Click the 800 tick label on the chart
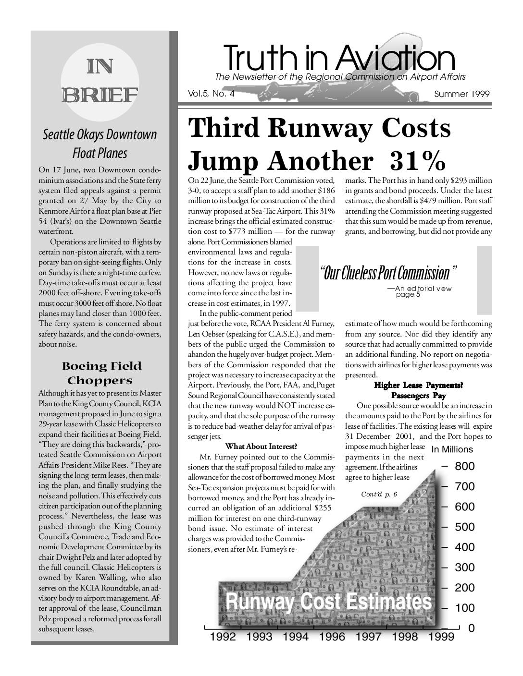click(x=464, y=466)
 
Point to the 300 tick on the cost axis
click(x=464, y=567)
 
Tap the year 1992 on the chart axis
click(x=223, y=637)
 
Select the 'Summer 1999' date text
click(x=461, y=94)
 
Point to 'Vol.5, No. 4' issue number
click(x=211, y=94)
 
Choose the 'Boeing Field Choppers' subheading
click(x=100, y=374)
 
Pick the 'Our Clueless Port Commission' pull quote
click(x=387, y=273)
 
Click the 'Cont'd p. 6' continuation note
click(x=379, y=495)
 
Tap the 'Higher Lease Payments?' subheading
click(x=418, y=386)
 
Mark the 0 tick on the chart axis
click(x=472, y=628)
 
